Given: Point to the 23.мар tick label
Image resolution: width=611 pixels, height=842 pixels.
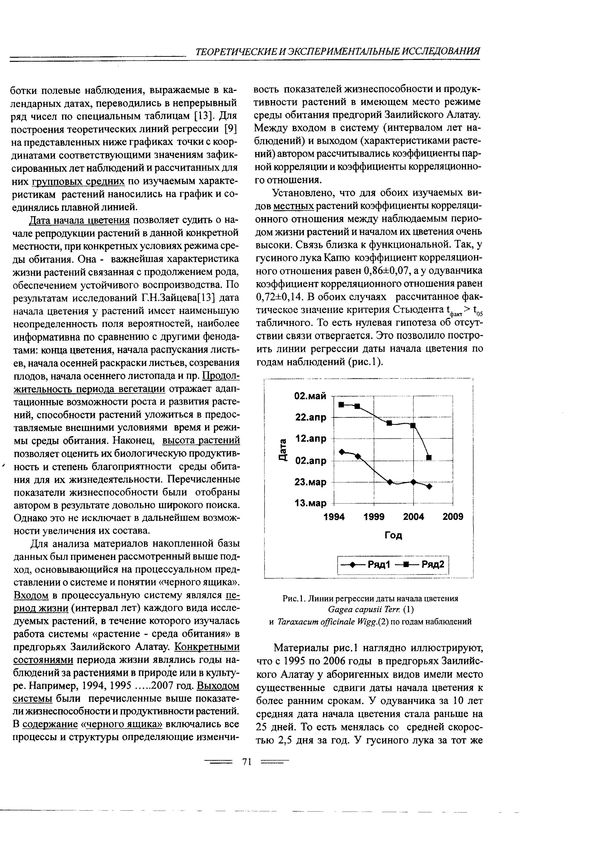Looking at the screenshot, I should [x=310, y=482].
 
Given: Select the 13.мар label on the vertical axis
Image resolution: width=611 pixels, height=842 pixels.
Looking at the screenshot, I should [x=310, y=503].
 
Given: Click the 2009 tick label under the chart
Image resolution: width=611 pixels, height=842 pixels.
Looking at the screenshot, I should [x=453, y=517].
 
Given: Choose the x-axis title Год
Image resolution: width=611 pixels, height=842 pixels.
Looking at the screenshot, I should [x=393, y=535].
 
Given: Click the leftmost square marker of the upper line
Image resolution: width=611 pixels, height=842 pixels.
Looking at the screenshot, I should [x=341, y=404].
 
